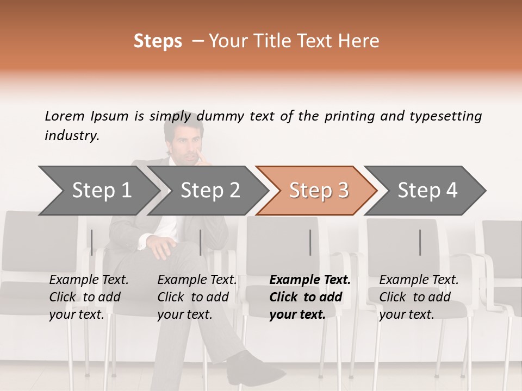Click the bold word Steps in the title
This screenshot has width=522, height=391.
tap(158, 41)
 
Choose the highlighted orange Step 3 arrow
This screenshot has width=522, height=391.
tap(318, 190)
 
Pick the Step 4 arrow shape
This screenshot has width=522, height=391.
tap(427, 190)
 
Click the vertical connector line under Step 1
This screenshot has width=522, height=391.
tap(92, 242)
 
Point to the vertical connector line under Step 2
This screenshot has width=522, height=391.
tap(201, 242)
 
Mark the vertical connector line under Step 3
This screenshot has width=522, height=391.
tap(310, 242)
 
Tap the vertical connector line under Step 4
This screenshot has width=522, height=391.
tap(420, 242)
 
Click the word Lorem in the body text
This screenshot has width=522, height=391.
tap(65, 116)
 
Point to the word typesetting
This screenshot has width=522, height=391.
tap(445, 116)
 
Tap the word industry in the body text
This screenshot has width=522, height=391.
tap(72, 135)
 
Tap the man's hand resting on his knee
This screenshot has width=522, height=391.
tap(160, 247)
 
